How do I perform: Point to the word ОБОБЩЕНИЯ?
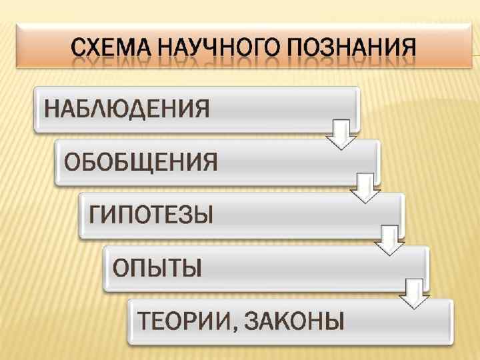pos(141,161)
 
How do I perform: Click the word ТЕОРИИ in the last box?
pos(179,321)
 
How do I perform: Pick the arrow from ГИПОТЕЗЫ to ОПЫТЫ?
pos(389,241)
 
